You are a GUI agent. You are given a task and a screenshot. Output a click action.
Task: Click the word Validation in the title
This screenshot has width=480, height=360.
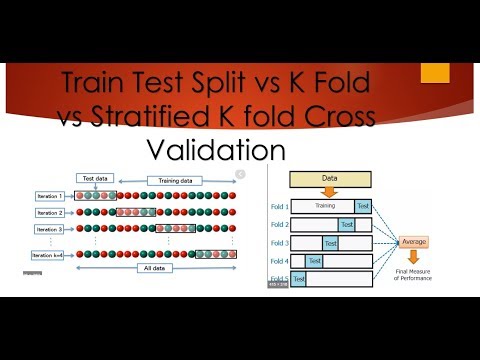216,150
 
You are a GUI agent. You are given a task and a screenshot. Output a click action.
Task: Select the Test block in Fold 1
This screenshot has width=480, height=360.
363,207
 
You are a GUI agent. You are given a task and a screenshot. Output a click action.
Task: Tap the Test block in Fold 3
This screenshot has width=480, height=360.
330,243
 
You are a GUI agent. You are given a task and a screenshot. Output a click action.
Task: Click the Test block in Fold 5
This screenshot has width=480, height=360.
299,280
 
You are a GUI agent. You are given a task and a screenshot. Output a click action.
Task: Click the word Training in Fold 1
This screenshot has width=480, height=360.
322,207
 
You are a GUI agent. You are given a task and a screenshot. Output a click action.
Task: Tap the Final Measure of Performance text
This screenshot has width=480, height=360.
412,276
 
